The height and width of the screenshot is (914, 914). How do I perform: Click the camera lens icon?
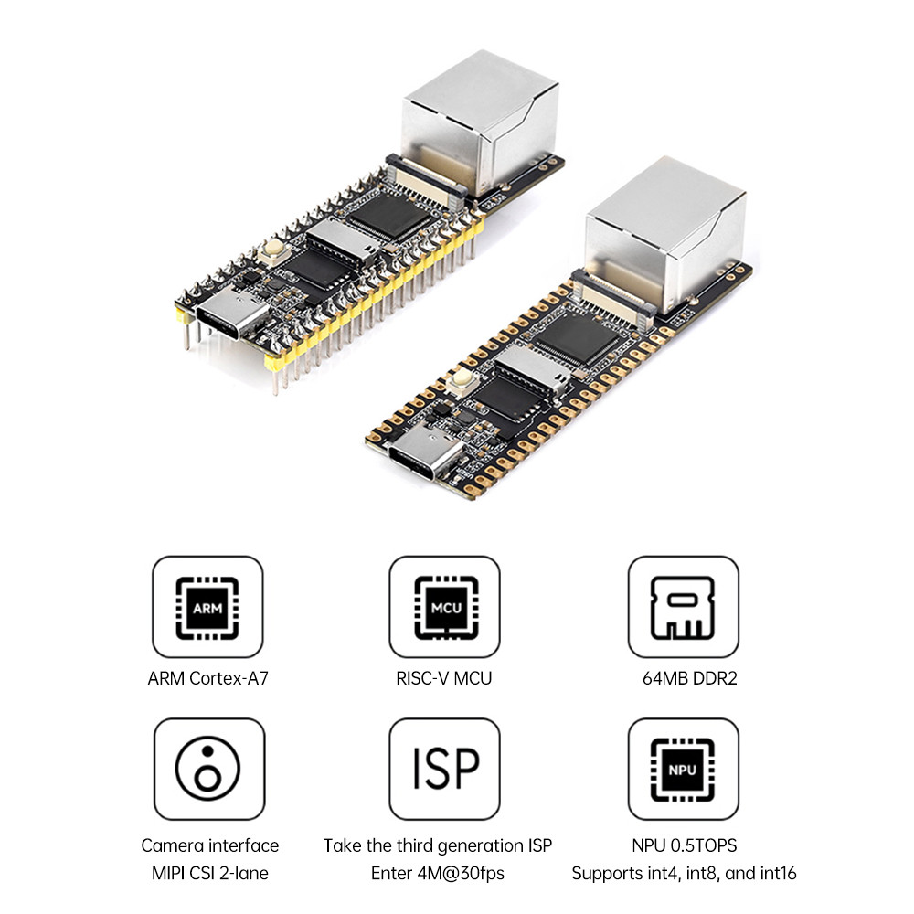(208, 768)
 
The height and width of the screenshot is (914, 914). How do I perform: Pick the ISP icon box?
(444, 768)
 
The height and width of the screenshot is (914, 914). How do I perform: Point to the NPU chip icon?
(683, 768)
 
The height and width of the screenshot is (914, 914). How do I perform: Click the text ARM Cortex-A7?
(208, 678)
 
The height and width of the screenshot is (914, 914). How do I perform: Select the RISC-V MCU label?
(444, 678)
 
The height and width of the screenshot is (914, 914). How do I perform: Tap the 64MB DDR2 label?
(684, 678)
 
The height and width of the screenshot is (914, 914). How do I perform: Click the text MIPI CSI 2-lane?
(209, 873)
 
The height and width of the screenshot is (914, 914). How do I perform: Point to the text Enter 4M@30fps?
(437, 873)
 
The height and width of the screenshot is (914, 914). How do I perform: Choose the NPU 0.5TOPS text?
(684, 845)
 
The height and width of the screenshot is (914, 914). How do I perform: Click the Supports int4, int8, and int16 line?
(684, 873)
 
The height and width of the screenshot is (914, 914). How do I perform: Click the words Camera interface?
(209, 845)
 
